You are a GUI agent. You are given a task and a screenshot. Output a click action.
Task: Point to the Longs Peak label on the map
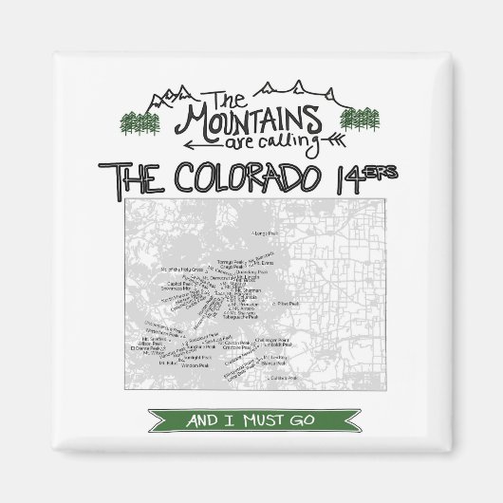tap(263, 231)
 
